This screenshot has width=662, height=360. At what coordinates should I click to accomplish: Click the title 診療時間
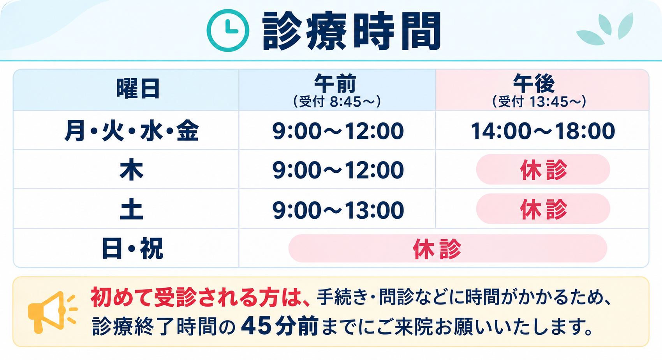coord(352,31)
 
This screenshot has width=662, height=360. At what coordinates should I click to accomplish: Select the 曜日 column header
coord(138,89)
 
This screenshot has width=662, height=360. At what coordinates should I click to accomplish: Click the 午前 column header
coord(335,83)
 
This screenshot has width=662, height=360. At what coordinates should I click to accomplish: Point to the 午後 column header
coord(534,83)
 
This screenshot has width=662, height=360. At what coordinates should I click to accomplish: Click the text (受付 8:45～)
coord(337,102)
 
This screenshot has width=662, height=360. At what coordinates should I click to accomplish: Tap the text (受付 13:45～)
coord(539,102)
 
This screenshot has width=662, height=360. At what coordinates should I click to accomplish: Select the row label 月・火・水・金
coord(132,131)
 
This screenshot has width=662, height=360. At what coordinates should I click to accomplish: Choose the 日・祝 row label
coord(132,249)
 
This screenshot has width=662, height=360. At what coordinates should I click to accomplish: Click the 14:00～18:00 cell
coord(543,131)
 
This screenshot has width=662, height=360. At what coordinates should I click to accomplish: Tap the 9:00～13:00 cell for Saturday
coord(338,210)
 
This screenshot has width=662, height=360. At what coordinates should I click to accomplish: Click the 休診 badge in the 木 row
coord(543,170)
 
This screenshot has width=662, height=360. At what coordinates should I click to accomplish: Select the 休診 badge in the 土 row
coord(543,209)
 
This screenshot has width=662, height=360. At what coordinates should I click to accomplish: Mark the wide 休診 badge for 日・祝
coord(448,248)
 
